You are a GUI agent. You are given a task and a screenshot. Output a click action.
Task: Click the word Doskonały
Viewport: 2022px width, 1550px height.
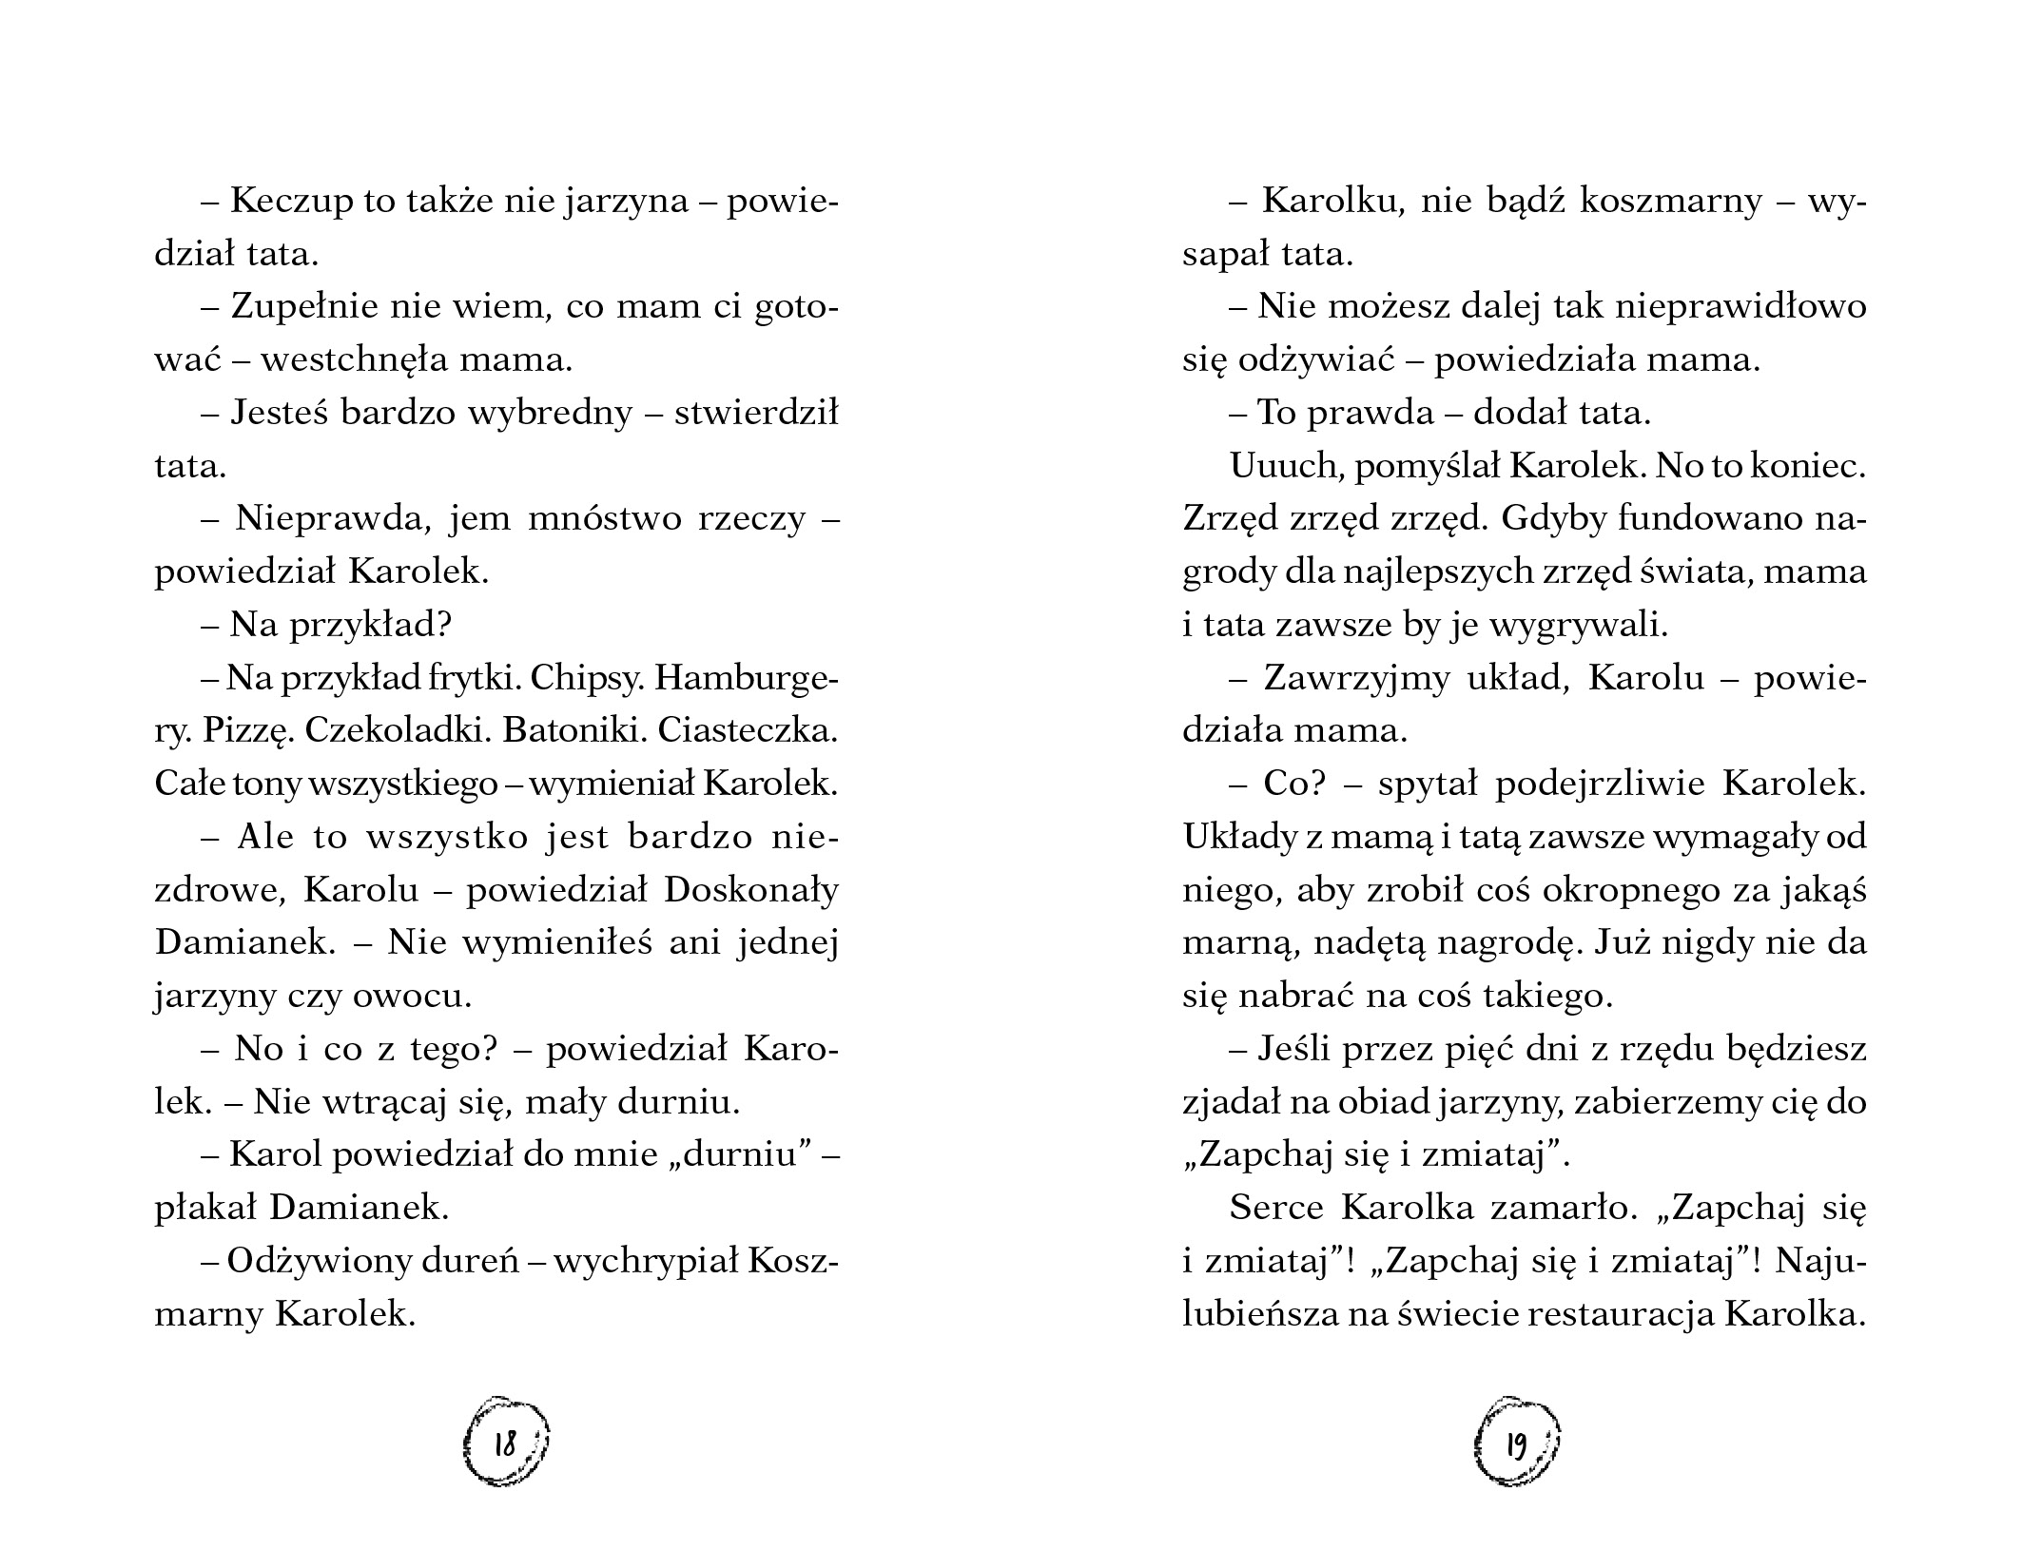(x=751, y=890)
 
